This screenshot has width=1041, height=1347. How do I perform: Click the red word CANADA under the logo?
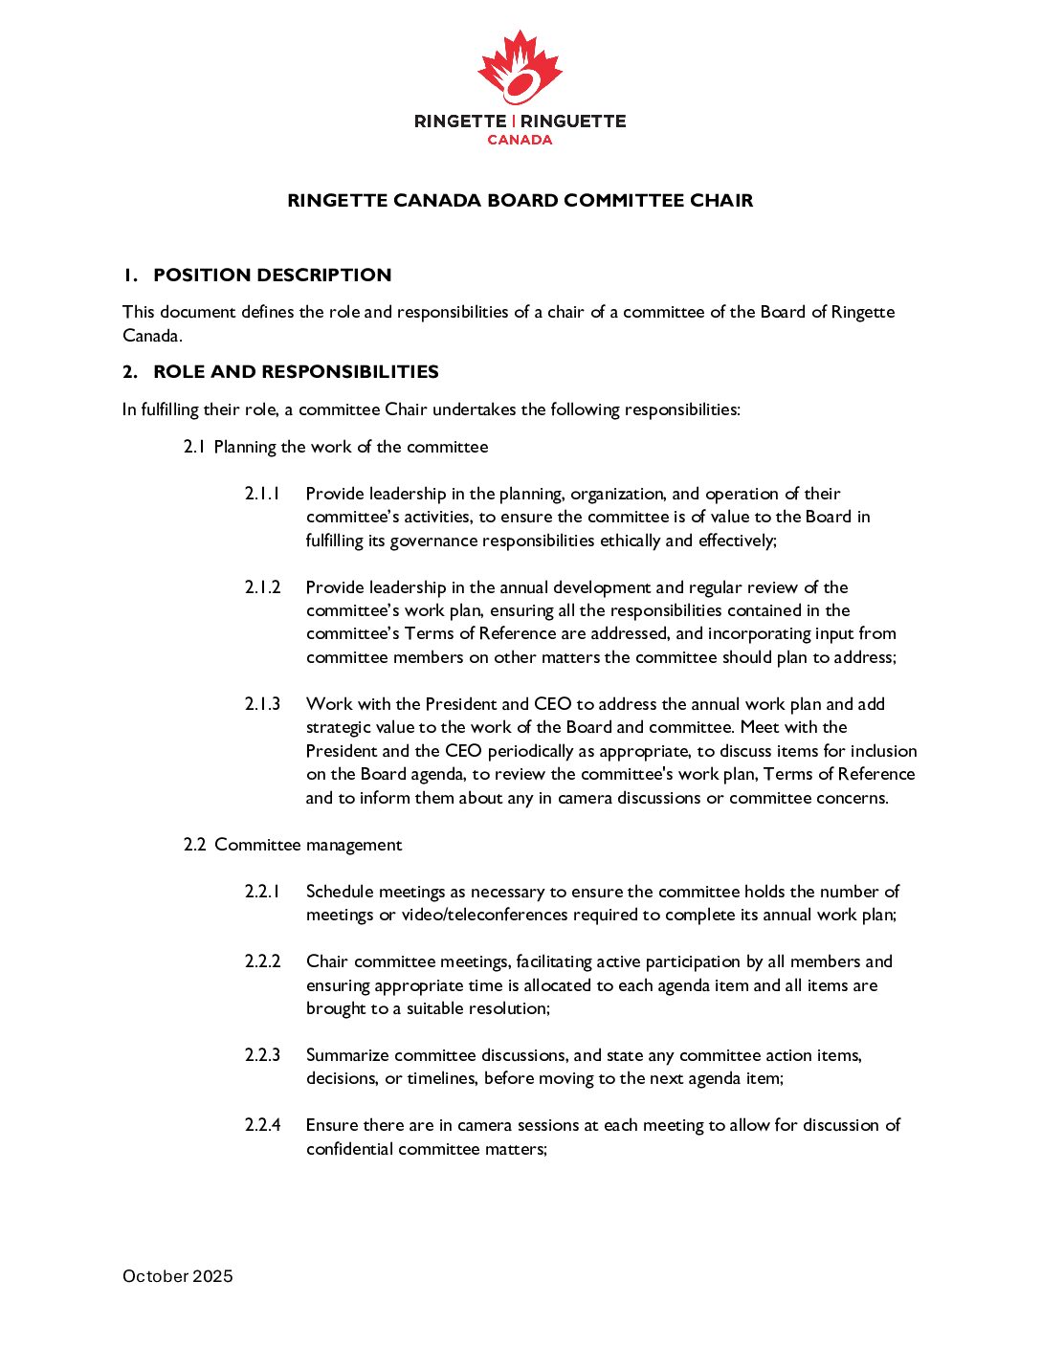tap(520, 140)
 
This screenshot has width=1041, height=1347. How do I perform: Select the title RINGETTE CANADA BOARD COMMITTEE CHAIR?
tap(520, 201)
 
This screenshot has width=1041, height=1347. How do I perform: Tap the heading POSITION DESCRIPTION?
tap(272, 276)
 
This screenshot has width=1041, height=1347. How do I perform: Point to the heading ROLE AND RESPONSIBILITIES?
tap(296, 372)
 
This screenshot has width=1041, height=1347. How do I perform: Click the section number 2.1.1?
tap(262, 494)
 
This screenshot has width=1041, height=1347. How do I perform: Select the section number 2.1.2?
tap(262, 587)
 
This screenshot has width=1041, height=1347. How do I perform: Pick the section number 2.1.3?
tap(262, 704)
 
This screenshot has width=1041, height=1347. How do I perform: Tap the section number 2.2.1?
tap(262, 892)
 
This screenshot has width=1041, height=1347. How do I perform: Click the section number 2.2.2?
tap(262, 961)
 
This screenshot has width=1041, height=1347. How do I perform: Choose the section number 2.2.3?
tap(262, 1055)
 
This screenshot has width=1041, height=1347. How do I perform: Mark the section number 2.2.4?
tap(262, 1125)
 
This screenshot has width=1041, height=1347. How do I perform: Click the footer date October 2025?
tap(178, 1276)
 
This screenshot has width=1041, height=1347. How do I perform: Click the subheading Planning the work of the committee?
tap(350, 447)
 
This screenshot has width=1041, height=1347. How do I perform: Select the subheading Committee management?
tap(308, 845)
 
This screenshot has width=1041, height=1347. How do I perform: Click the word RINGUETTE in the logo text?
tap(573, 121)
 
